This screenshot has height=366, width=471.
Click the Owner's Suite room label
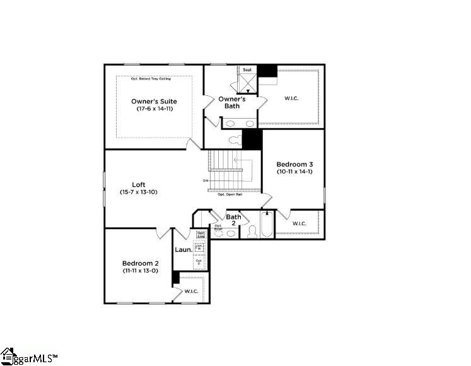click(x=154, y=101)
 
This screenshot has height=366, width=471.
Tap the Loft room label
click(x=139, y=184)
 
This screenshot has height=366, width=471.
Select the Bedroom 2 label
click(x=140, y=263)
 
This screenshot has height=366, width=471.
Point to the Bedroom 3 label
click(x=294, y=164)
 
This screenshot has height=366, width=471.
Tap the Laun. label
click(x=183, y=249)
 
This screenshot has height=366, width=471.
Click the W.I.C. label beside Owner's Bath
click(x=292, y=98)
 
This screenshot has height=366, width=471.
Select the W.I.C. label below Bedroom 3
click(x=299, y=223)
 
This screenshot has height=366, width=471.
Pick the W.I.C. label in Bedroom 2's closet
click(x=191, y=292)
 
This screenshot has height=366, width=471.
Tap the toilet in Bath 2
click(x=250, y=232)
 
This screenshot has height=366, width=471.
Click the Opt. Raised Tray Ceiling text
click(x=151, y=79)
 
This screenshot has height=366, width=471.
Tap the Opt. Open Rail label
click(x=230, y=194)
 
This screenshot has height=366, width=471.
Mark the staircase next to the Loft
click(x=231, y=170)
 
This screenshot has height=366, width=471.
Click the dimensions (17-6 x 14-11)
click(x=154, y=109)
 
